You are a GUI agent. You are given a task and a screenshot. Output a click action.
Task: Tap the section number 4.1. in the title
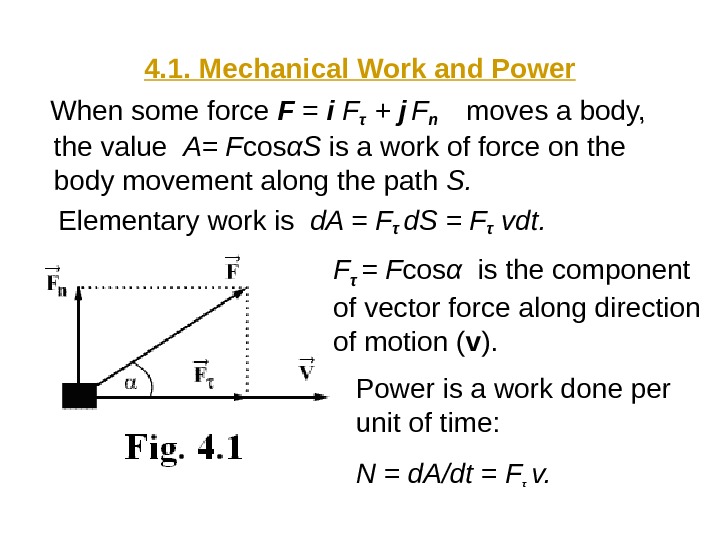click(170, 69)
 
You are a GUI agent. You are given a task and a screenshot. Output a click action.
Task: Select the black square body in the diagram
click(79, 395)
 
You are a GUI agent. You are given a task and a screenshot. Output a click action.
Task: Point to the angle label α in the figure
click(130, 381)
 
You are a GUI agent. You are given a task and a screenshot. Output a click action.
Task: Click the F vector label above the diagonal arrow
click(232, 268)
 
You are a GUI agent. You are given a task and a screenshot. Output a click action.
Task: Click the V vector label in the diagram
click(307, 370)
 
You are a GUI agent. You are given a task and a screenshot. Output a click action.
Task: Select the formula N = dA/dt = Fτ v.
click(453, 470)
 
